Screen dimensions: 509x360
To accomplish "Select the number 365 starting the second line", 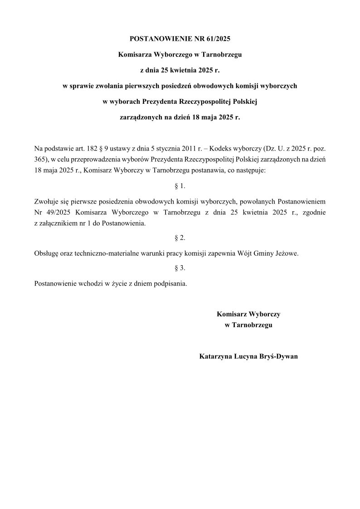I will [x=40, y=160].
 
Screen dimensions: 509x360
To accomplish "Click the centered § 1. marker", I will [x=180, y=186].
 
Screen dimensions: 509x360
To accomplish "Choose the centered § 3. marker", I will [x=180, y=268].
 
